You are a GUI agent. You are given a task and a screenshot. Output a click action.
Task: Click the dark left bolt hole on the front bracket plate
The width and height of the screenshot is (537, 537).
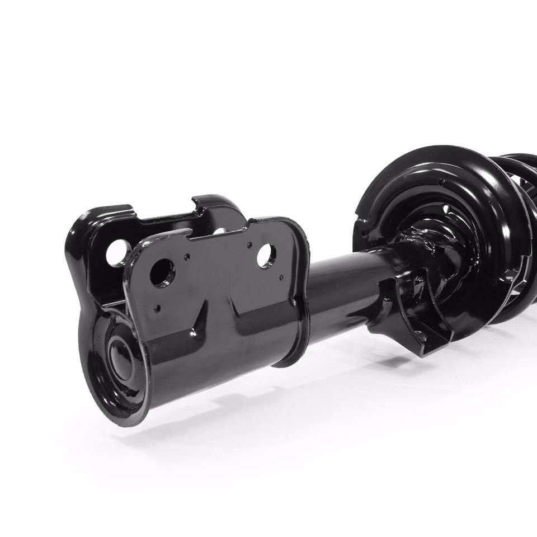pyautogui.click(x=162, y=272)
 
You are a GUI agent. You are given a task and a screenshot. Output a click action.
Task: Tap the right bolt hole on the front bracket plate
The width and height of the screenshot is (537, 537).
pyautogui.click(x=266, y=255)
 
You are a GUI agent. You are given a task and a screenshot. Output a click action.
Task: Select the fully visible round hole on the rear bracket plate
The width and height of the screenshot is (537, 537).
pyautogui.click(x=117, y=253)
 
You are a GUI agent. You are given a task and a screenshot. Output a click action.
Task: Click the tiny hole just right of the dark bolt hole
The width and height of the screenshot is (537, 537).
pyautogui.click(x=187, y=258)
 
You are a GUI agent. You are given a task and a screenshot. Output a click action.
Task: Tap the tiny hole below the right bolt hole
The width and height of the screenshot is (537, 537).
pyautogui.click(x=281, y=277)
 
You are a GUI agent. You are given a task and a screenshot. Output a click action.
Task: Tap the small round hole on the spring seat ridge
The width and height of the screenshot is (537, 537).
pyautogui.click(x=442, y=182)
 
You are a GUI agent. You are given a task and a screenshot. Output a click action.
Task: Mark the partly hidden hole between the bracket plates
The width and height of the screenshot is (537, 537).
pyautogui.click(x=220, y=230)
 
